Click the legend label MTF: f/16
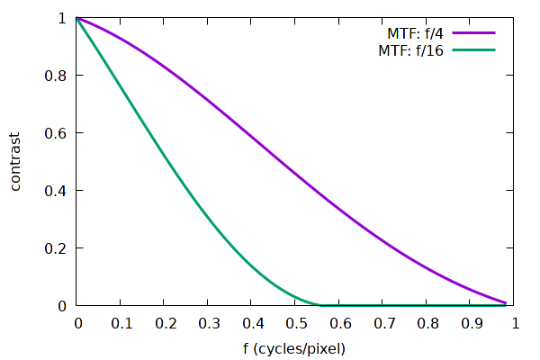click(408, 49)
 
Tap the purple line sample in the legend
click(474, 32)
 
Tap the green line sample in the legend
click(474, 49)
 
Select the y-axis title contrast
click(16, 162)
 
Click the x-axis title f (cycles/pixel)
click(296, 347)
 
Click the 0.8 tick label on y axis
click(56, 76)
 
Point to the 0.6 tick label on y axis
click(56, 133)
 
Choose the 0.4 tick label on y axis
click(56, 191)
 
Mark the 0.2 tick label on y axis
click(56, 248)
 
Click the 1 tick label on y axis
click(61, 18)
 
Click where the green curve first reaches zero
click(322, 305)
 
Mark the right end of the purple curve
click(507, 303)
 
